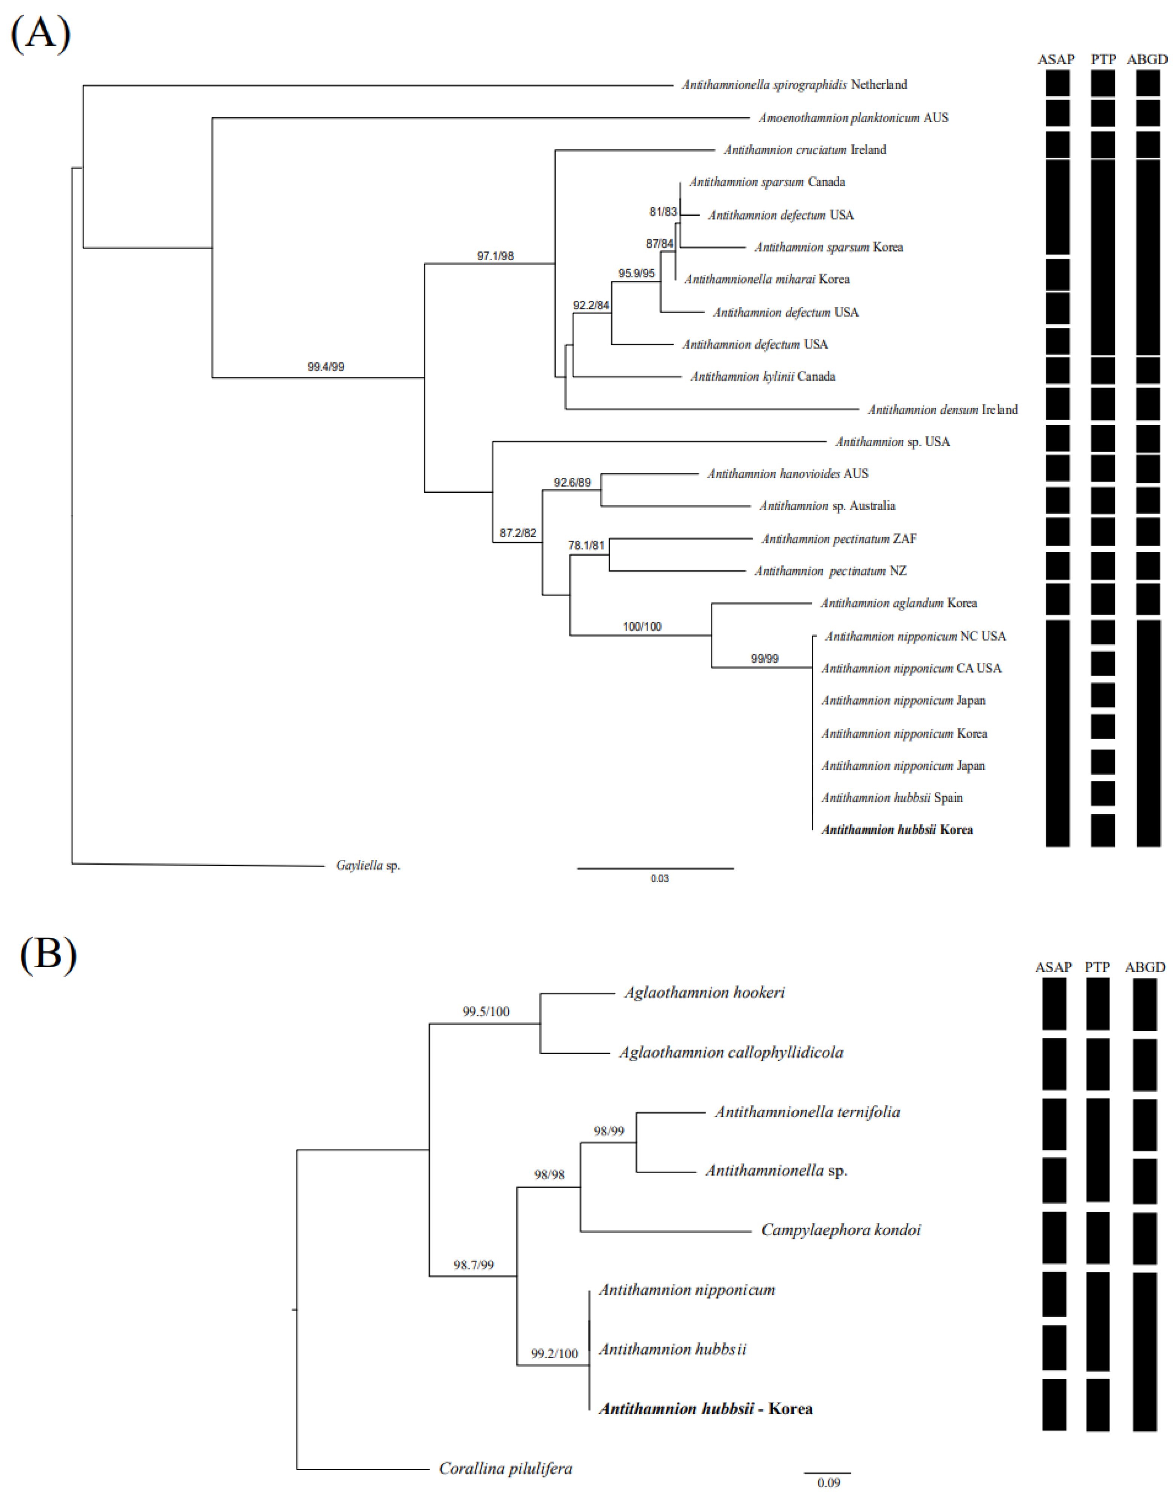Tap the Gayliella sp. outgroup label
368,865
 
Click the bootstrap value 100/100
642,626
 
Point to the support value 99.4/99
325,367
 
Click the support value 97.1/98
495,256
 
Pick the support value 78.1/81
586,545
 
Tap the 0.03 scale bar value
659,879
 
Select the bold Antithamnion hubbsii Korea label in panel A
897,830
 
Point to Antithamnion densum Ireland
942,409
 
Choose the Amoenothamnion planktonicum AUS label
853,117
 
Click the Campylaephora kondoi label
841,1230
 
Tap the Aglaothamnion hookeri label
704,992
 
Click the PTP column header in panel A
1103,60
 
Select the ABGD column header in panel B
1145,967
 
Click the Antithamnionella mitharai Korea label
766,279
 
